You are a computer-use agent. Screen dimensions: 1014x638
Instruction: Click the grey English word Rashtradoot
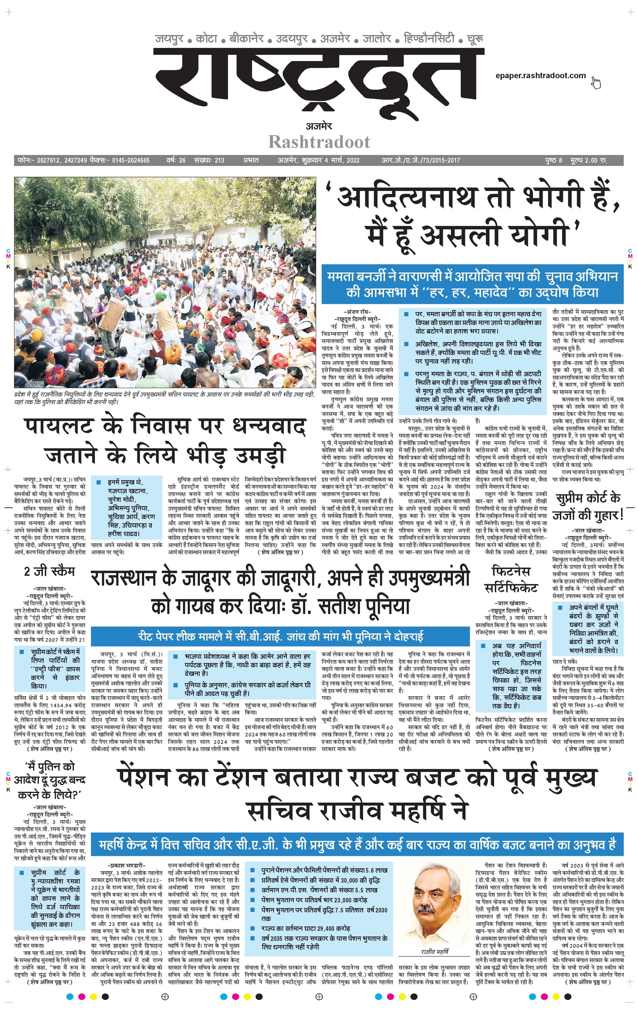pyautogui.click(x=319, y=142)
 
